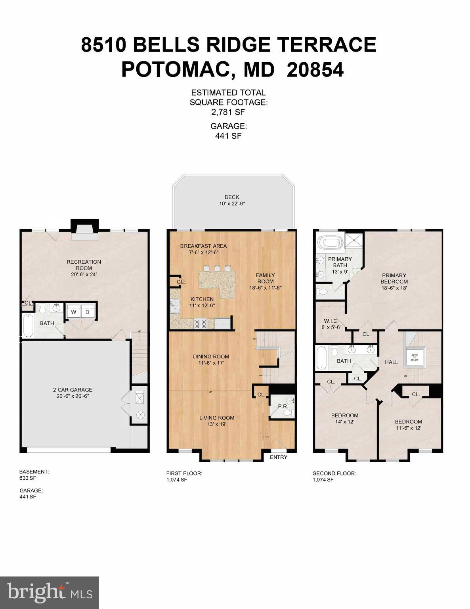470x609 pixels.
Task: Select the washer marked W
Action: click(x=73, y=312)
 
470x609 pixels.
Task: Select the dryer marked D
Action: click(x=88, y=312)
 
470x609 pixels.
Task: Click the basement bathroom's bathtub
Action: click(x=28, y=325)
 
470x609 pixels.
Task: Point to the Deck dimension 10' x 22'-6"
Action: click(x=232, y=203)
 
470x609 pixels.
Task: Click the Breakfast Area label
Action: click(x=203, y=246)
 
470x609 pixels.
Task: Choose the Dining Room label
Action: click(x=211, y=356)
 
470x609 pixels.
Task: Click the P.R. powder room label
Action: click(x=283, y=406)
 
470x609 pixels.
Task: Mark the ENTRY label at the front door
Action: click(x=278, y=457)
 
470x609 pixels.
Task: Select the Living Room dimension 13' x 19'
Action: click(x=216, y=424)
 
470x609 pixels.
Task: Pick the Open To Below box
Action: click(x=415, y=358)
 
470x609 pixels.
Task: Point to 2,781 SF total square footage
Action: click(x=228, y=112)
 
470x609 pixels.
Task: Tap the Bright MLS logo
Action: click(x=50, y=593)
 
